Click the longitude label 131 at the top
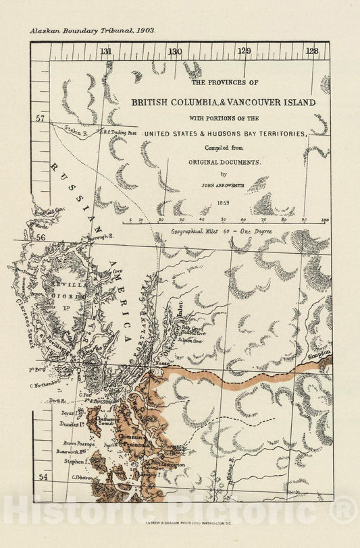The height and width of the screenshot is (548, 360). (x=105, y=51)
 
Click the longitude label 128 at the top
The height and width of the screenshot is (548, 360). (x=311, y=51)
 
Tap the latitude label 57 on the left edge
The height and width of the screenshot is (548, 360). (x=41, y=119)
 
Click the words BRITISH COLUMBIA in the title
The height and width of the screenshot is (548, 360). (x=175, y=103)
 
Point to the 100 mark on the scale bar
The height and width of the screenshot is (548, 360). (x=325, y=219)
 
